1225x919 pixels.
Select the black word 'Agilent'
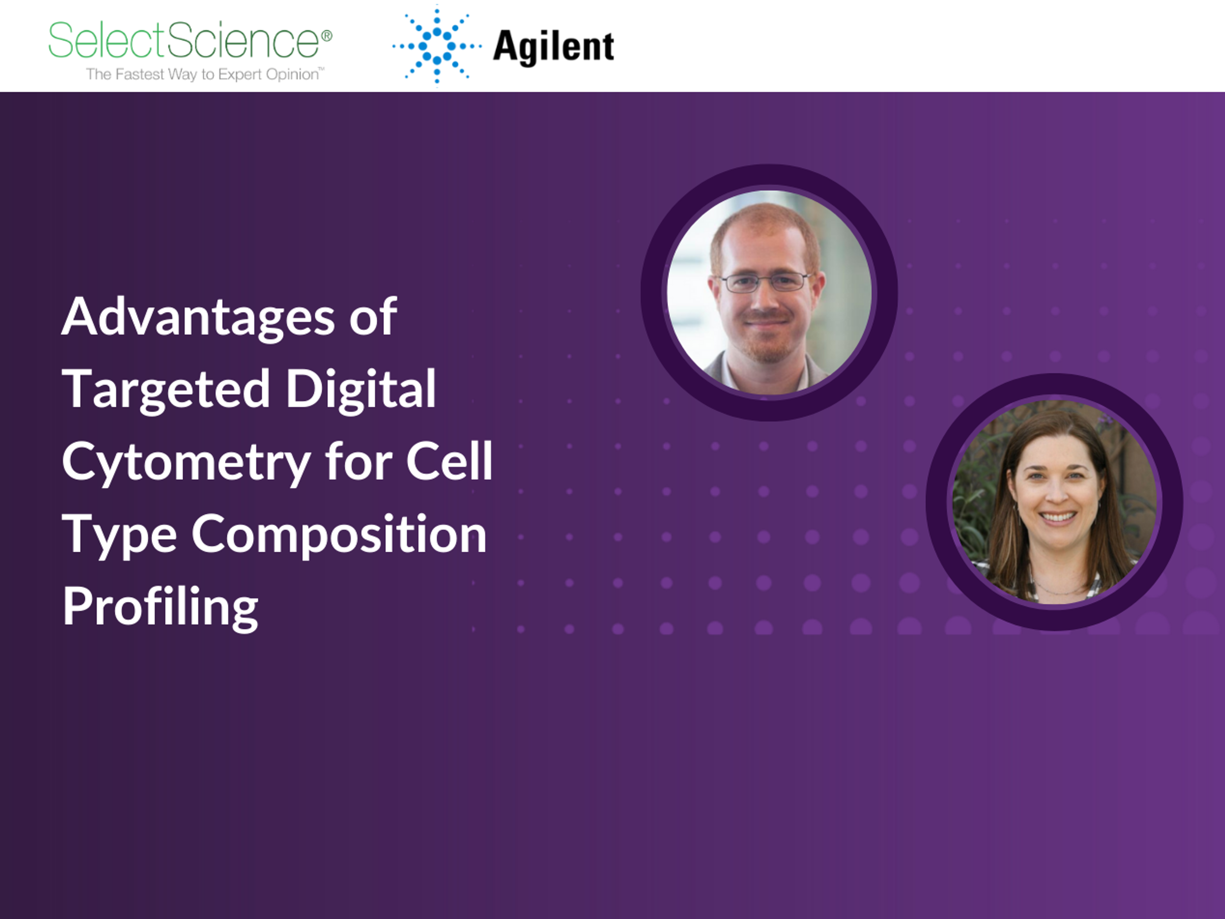pos(553,48)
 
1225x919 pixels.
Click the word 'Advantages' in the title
pos(198,317)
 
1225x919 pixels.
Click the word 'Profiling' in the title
pos(160,607)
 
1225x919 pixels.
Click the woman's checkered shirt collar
pos(1035,582)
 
